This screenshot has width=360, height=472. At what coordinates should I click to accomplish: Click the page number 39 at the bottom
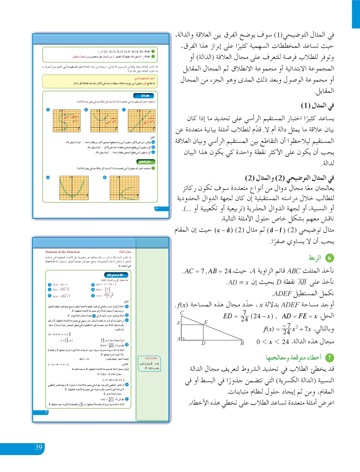39,448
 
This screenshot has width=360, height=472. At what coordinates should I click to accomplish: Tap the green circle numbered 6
330,258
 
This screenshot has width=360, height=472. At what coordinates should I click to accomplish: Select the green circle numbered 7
330,358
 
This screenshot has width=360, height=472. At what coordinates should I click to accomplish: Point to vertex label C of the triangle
182,313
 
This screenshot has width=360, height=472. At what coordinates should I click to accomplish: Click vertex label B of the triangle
242,343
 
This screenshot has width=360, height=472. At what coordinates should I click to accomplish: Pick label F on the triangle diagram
178,323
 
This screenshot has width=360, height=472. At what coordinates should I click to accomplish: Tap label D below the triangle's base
203,343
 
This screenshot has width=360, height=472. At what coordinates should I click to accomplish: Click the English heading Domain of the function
63,252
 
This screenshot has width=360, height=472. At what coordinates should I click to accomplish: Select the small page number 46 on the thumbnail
156,208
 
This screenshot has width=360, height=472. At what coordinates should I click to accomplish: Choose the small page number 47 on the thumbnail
46,412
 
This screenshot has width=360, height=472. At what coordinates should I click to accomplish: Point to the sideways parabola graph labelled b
124,188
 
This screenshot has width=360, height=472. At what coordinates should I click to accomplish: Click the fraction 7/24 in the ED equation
245,316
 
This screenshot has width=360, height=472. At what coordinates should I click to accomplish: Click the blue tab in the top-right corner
356,14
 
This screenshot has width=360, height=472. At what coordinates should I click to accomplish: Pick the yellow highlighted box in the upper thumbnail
100,81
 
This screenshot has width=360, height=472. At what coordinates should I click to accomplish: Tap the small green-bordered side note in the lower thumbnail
149,364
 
